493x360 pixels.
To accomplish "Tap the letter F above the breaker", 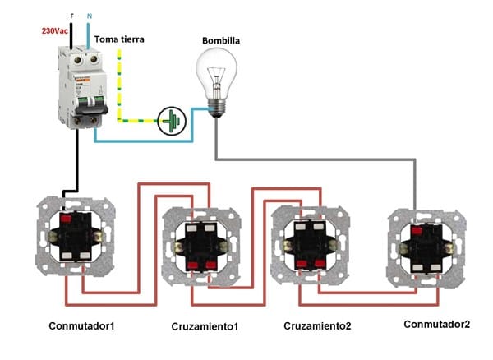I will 72,16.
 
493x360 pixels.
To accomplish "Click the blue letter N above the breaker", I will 90,16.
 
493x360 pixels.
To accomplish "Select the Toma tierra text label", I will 122,39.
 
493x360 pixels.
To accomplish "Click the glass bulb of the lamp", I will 216,73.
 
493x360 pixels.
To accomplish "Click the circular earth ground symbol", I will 173,120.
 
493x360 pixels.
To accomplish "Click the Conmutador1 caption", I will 81,326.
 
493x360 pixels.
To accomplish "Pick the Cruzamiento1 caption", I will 205,327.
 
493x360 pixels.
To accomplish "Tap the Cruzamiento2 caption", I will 317,326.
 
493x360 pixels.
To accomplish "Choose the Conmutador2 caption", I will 437,324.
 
